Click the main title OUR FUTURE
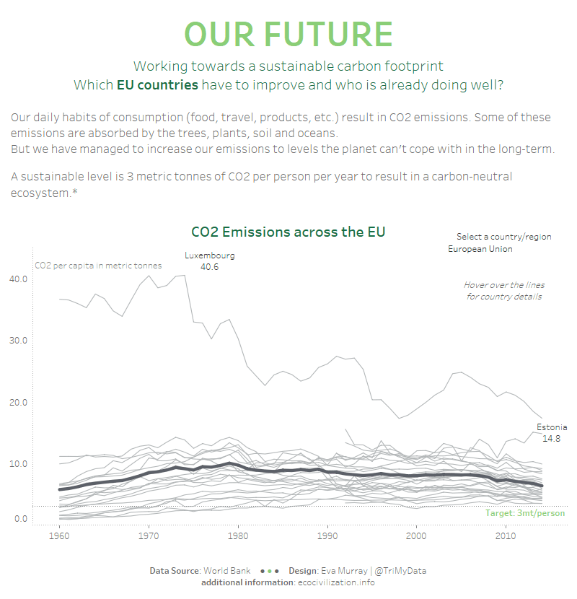coord(288,34)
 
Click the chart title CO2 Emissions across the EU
coord(288,232)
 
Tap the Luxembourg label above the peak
coord(209,255)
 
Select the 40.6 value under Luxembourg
coord(209,267)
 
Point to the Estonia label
coord(551,427)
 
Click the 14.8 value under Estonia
coord(551,438)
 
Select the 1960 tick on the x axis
coord(59,537)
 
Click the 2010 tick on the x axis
coord(506,537)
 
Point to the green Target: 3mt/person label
coord(525,513)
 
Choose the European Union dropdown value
coord(480,249)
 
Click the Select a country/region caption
coord(503,237)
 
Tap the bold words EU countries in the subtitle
coord(157,85)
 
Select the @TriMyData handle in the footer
coord(402,571)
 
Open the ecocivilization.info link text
coord(336,582)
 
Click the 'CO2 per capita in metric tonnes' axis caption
coord(98,266)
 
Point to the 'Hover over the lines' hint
coord(503,285)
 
